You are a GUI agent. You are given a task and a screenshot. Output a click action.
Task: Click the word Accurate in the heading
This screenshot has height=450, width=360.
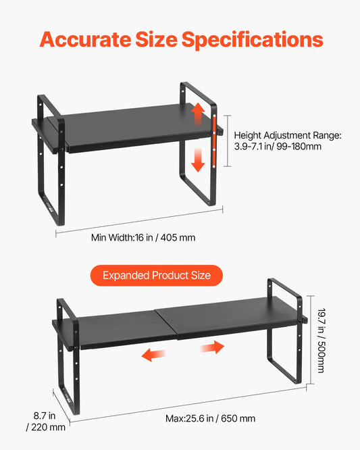coord(86,39)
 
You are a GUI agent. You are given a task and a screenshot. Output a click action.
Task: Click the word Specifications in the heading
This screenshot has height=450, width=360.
coord(253,40)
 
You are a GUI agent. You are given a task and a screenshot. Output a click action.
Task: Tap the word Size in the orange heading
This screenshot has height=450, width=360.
coord(156,39)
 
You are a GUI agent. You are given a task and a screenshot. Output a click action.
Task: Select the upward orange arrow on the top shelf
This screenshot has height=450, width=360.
coord(198,114)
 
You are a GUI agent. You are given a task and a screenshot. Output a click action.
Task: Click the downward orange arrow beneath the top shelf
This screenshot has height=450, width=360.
coord(198,160)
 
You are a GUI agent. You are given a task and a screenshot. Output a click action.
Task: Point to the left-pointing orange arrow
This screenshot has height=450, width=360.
coord(153,355)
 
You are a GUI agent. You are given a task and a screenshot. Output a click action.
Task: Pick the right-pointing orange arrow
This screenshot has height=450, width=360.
coord(212,347)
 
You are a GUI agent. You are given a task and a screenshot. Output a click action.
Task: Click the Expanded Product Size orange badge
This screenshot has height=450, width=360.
coord(157,276)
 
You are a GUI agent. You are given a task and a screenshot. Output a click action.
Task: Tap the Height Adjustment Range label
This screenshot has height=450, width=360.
coord(288,135)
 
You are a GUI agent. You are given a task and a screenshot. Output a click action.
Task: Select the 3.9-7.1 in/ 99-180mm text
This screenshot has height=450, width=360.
coord(278,147)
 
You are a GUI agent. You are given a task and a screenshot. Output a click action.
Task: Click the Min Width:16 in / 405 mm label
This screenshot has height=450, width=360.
coord(143,238)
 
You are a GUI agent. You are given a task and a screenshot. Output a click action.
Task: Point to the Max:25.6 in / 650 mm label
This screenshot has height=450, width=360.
coord(210,418)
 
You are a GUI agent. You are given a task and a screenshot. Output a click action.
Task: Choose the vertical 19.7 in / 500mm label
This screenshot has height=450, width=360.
coord(322,341)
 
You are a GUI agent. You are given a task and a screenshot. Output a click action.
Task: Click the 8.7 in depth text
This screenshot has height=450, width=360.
coord(45,416)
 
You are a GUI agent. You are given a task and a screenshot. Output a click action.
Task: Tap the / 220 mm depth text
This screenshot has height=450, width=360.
coord(46,427)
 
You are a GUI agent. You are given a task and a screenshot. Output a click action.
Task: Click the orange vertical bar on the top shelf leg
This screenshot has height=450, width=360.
coord(214,140)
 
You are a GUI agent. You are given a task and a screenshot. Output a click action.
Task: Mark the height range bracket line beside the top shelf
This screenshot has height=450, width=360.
coord(228,141)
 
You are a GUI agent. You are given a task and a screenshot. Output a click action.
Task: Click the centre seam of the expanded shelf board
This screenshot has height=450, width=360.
coord(166,324)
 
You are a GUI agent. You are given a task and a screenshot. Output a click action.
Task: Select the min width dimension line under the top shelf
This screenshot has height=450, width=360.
coord(139,221)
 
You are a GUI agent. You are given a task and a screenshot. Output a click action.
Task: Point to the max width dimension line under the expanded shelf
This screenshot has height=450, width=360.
coord(188,405)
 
